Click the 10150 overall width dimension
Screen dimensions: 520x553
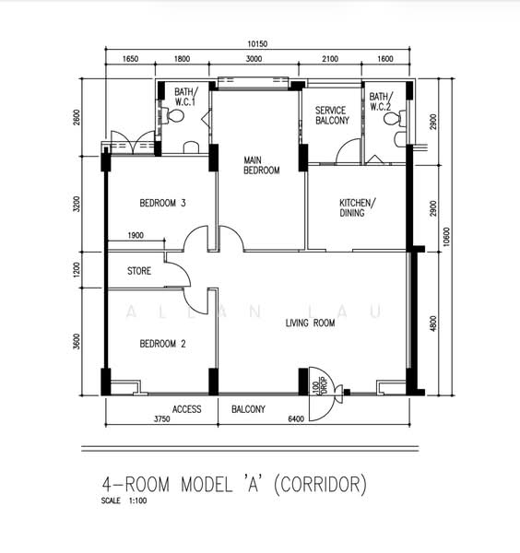257,43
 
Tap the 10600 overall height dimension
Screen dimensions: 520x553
446,236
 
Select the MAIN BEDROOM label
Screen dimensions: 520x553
262,165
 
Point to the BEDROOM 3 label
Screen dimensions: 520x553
162,203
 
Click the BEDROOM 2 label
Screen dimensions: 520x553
162,344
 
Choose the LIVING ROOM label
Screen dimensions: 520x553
310,323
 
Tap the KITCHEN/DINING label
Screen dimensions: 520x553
358,207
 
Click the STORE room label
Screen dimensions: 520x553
139,271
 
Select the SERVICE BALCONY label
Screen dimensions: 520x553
332,115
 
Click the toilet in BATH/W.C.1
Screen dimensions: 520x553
173,116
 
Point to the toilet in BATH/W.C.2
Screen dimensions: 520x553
395,119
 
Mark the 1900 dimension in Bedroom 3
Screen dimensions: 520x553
136,235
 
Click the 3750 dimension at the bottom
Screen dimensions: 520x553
162,419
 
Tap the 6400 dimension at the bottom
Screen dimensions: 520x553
296,419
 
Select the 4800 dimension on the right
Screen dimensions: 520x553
433,324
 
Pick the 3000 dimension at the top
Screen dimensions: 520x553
254,59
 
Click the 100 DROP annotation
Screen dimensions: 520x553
319,386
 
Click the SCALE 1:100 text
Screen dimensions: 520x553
124,500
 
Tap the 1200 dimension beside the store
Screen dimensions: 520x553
77,269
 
